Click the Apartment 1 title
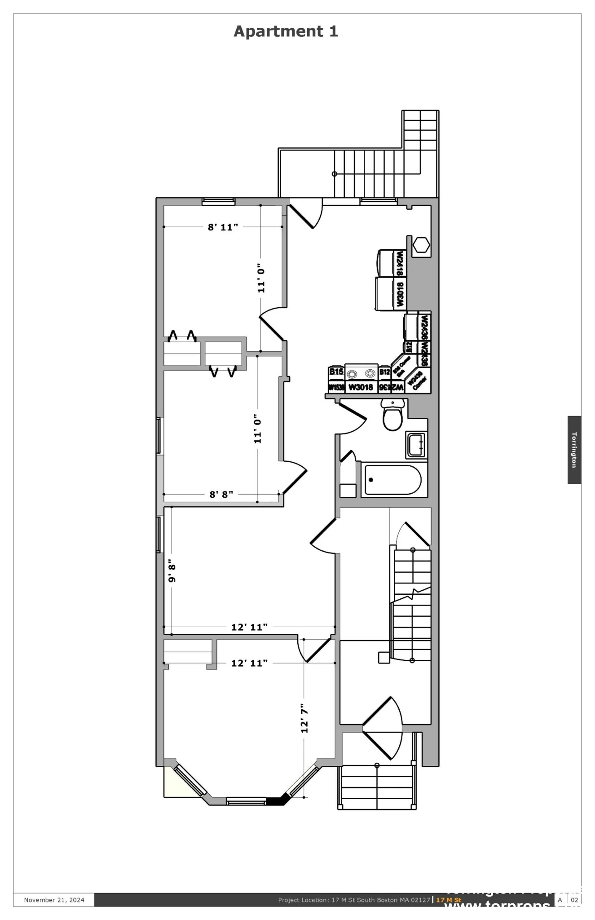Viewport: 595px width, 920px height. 286,31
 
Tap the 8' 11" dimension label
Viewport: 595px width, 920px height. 223,227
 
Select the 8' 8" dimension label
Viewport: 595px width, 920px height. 221,495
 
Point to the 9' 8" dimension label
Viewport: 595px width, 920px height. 172,571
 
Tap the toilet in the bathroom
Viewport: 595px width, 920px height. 392,417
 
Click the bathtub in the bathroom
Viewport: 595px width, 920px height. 392,480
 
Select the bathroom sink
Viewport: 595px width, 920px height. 415,445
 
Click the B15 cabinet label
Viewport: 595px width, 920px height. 336,372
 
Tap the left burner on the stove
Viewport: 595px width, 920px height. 353,374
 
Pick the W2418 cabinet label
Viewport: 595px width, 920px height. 399,263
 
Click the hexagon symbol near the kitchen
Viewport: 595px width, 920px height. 421,245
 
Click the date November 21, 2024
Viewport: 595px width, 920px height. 54,900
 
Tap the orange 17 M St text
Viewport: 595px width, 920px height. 449,900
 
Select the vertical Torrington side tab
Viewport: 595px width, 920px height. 574,450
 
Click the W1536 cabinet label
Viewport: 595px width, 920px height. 336,387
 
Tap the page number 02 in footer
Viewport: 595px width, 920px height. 574,900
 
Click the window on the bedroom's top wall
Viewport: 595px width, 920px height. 218,202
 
